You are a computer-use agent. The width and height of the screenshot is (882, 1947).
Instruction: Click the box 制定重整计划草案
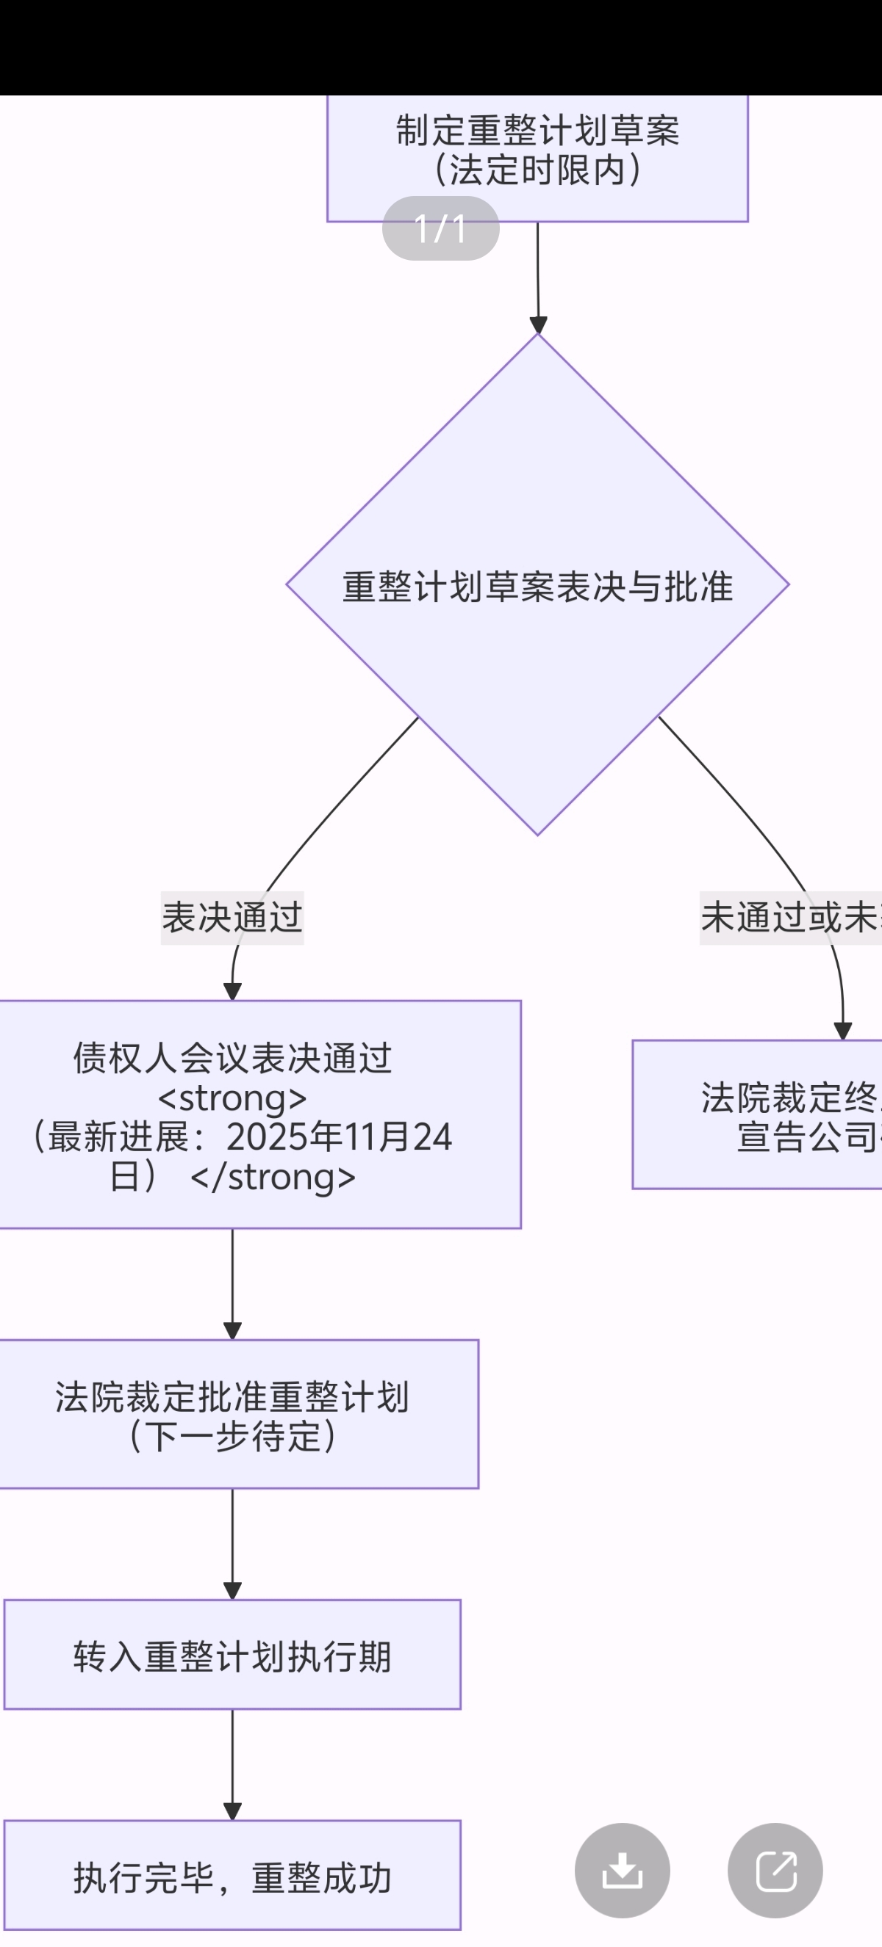click(537, 131)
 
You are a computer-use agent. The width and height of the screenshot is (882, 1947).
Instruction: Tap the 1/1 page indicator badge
click(440, 228)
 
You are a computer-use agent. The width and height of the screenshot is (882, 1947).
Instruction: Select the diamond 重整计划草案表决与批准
click(537, 586)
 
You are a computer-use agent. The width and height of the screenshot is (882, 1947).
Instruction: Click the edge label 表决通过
click(232, 918)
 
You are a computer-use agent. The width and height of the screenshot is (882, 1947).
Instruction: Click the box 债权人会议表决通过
click(232, 1058)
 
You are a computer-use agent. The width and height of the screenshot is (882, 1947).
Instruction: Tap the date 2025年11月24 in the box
click(339, 1136)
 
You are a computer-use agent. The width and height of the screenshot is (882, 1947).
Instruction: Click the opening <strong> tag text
click(232, 1098)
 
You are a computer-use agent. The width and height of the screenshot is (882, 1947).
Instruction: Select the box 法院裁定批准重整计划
click(232, 1397)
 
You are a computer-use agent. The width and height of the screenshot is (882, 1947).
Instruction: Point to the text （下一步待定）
click(232, 1436)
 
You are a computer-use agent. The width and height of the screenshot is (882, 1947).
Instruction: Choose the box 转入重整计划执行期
click(232, 1656)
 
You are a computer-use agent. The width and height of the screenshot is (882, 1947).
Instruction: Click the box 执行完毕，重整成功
click(232, 1877)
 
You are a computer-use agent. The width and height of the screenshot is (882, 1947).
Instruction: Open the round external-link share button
click(775, 1870)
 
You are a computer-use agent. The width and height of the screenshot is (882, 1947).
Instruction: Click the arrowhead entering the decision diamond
click(538, 326)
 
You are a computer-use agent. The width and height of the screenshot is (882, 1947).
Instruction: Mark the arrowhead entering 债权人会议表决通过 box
click(232, 992)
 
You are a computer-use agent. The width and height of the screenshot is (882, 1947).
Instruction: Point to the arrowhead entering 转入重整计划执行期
click(232, 1591)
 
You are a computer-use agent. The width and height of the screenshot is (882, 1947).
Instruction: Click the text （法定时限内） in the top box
click(537, 170)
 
